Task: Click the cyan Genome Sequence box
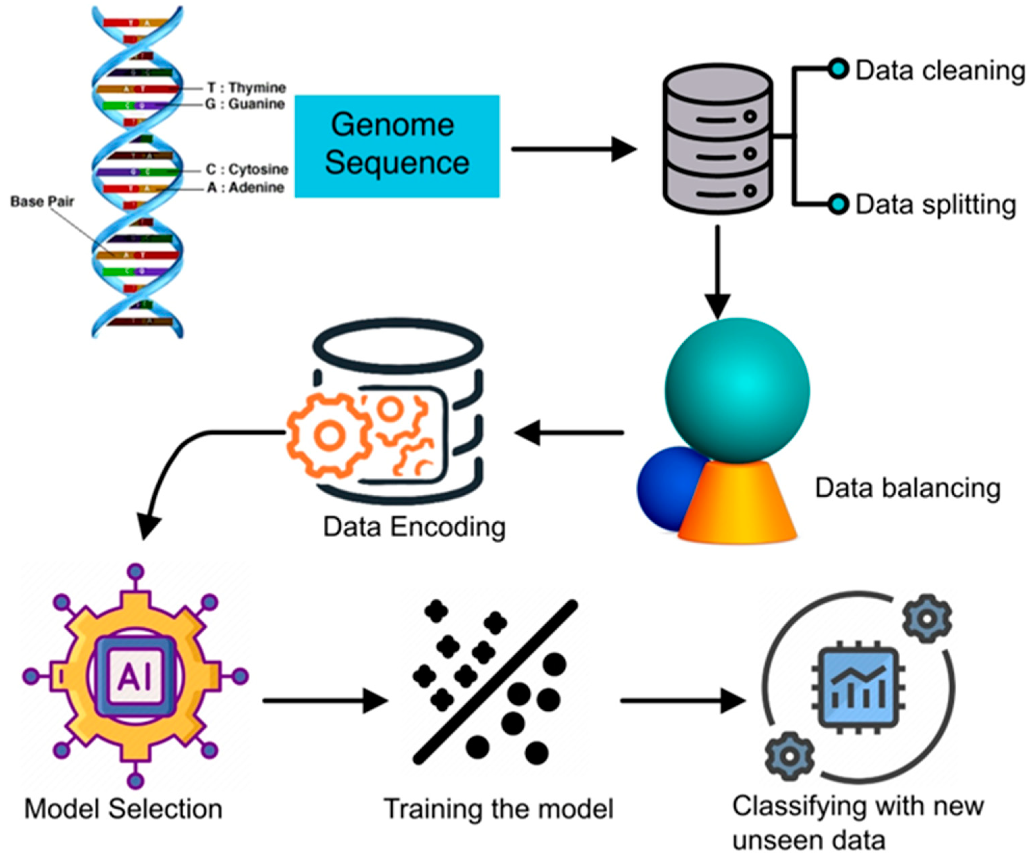tap(397, 146)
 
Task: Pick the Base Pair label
tap(42, 201)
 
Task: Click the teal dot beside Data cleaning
tap(839, 69)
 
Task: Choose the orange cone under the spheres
tap(736, 506)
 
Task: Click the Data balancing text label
tap(908, 489)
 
